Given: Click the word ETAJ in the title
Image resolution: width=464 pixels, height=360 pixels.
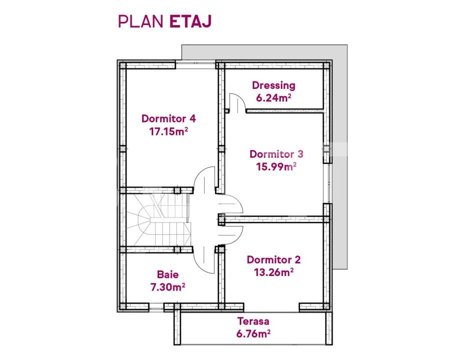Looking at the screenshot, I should click(191, 21).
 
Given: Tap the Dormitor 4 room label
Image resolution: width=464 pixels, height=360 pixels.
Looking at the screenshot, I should click(168, 119).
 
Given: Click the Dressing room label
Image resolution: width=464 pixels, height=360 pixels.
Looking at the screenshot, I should click(273, 85).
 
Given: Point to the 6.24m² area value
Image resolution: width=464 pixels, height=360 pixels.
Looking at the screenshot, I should click(274, 98).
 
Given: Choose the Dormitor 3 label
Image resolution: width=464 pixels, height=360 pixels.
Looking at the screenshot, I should click(276, 154).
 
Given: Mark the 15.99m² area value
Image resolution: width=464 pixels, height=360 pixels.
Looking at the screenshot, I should click(277, 167).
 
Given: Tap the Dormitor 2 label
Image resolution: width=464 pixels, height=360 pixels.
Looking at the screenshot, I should click(274, 260).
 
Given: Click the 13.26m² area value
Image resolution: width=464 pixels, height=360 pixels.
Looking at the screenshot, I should click(273, 272).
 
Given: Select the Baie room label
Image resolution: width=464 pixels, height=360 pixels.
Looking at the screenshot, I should click(168, 274).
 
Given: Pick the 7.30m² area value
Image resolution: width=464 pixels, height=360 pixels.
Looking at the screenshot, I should click(168, 287).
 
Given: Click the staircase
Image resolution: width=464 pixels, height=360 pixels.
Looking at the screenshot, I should click(157, 219).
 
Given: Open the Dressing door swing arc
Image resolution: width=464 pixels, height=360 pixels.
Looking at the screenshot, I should click(236, 102).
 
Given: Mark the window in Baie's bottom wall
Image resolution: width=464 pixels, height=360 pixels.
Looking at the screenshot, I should click(156, 306).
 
